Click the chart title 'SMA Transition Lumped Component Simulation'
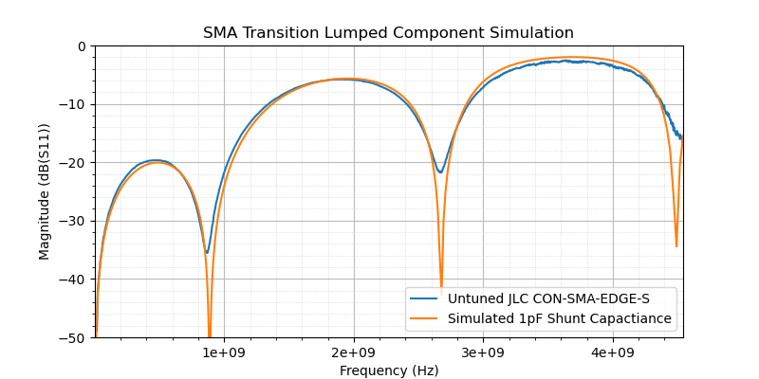pyautogui.click(x=388, y=33)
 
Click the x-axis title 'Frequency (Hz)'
pyautogui.click(x=389, y=370)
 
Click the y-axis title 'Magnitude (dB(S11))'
pyautogui.click(x=45, y=191)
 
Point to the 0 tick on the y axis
pyautogui.click(x=81, y=46)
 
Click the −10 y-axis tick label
pyautogui.click(x=74, y=104)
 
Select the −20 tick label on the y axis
pyautogui.click(x=74, y=163)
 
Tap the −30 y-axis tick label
pyautogui.click(x=74, y=221)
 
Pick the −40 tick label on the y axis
pyautogui.click(x=74, y=280)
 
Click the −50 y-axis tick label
pyautogui.click(x=74, y=337)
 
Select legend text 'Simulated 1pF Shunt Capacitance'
pyautogui.click(x=560, y=318)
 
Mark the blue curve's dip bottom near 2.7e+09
pyautogui.click(x=439, y=171)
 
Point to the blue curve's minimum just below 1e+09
pyautogui.click(x=207, y=252)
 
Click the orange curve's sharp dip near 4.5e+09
pyautogui.click(x=676, y=246)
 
